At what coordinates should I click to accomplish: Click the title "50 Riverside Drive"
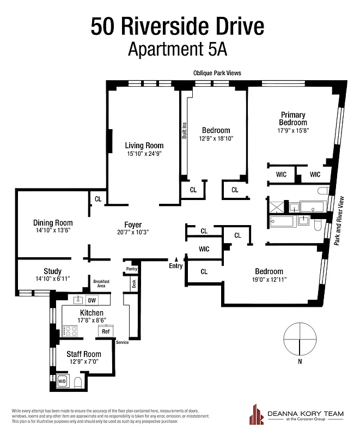click(178, 26)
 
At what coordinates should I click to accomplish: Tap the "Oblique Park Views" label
click(217, 72)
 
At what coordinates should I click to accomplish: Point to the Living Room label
click(144, 146)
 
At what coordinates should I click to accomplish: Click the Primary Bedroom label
click(294, 118)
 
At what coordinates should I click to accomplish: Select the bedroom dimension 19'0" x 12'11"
click(269, 280)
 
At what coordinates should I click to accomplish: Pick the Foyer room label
click(133, 224)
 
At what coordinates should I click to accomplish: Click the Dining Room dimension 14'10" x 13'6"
click(53, 231)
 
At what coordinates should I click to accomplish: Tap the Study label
click(53, 271)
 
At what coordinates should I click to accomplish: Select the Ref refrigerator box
click(106, 331)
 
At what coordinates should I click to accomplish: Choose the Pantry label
click(131, 269)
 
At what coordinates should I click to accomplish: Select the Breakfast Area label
click(102, 283)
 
